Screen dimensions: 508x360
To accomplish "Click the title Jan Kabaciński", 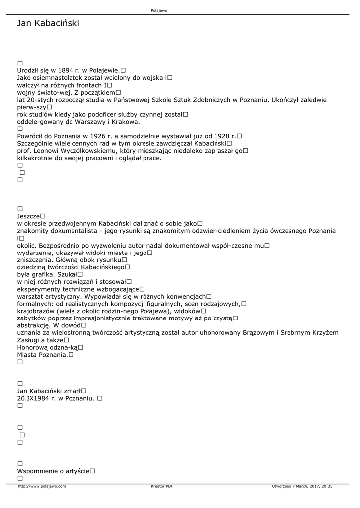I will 48,23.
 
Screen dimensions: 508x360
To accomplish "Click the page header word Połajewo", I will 159,10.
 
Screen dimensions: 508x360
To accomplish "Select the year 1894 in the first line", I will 66,70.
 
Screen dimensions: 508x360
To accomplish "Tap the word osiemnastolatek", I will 57,78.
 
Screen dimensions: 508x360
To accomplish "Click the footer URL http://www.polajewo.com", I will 42,486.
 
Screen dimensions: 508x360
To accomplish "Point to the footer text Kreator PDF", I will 162,486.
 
